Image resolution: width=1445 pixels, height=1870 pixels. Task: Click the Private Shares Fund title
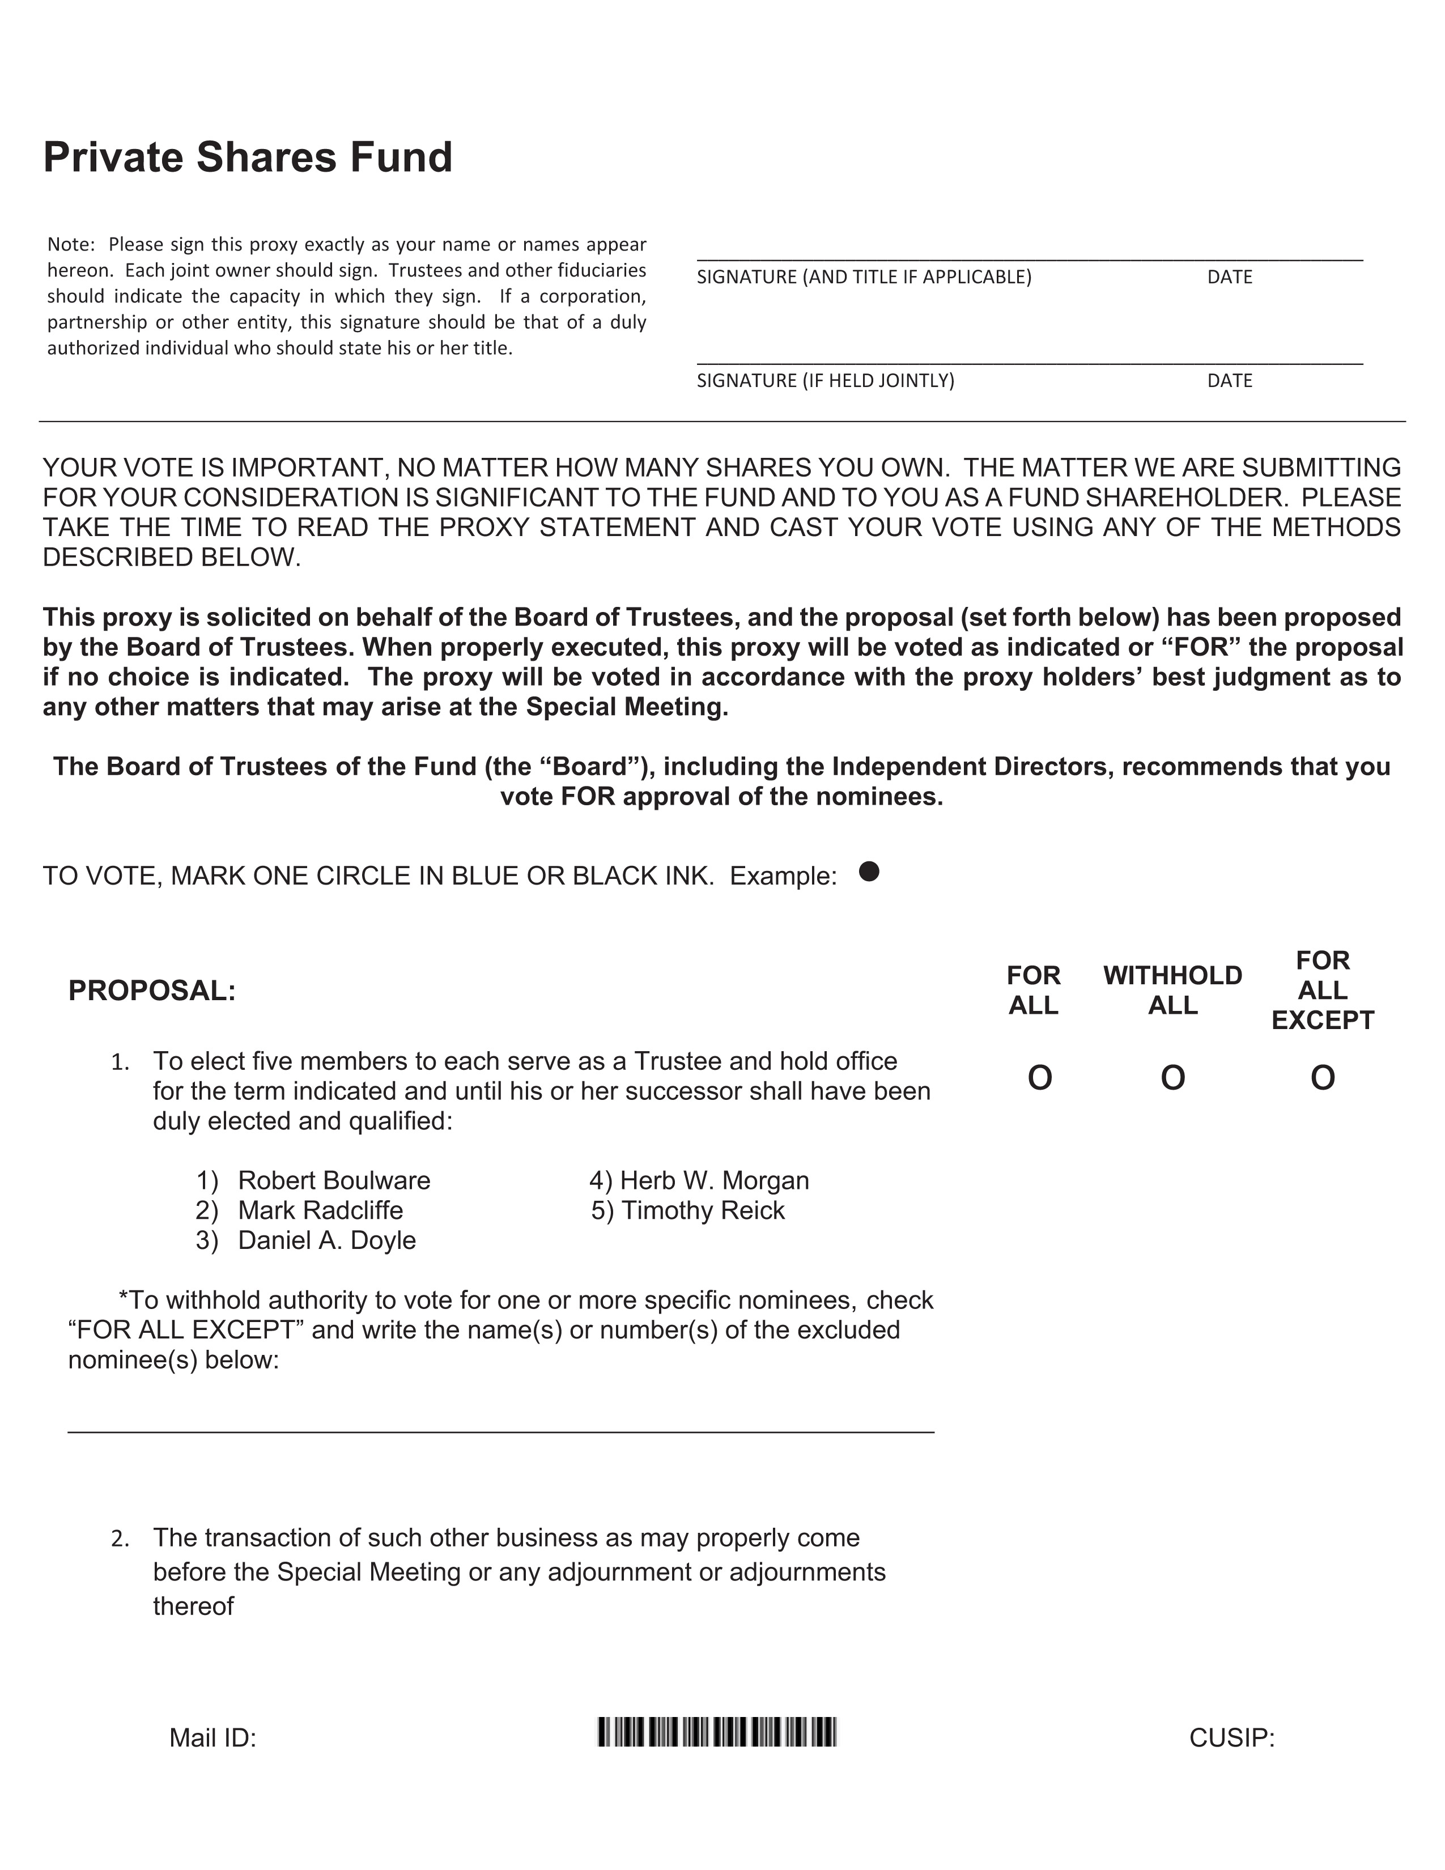coord(248,158)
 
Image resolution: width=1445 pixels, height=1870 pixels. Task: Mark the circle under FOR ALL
coord(1039,1078)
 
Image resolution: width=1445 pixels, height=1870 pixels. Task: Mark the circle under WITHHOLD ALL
coord(1173,1078)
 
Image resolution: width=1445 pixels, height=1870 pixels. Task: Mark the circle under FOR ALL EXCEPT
coord(1323,1078)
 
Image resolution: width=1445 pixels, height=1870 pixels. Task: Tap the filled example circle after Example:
coord(869,872)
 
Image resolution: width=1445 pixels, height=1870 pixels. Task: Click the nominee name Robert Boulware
coord(334,1181)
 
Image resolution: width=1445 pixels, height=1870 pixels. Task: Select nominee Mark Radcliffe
coord(320,1211)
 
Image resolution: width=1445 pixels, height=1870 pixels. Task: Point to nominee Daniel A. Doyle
coord(326,1240)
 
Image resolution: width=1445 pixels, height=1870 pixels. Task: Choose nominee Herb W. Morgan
coord(714,1181)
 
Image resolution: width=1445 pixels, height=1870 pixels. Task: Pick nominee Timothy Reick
coord(703,1211)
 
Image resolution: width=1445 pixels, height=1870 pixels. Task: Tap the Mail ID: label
coord(213,1738)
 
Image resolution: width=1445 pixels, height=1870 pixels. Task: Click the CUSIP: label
coord(1232,1738)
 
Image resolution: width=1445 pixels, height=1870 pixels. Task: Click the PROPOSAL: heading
coord(151,991)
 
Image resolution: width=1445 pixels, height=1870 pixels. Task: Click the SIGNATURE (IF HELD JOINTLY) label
coord(825,381)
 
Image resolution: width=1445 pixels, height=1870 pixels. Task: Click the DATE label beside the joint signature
coord(1229,381)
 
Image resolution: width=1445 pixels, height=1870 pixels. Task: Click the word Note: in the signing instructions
coord(70,245)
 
